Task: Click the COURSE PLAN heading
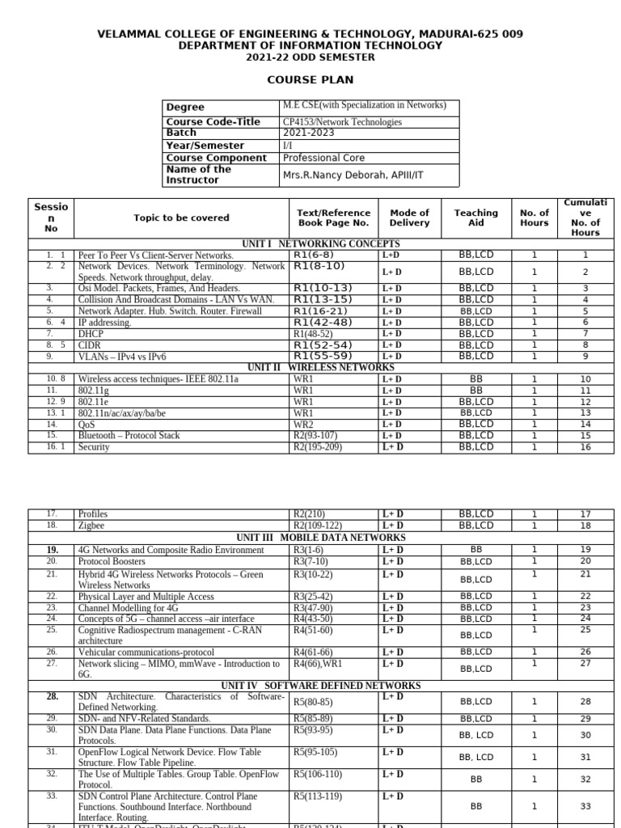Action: tap(310, 80)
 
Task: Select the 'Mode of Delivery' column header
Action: tap(409, 218)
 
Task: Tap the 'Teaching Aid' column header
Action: tap(475, 218)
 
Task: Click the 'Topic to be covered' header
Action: tap(181, 218)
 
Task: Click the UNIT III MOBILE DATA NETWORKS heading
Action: tap(321, 538)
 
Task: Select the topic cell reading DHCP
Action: tap(91, 333)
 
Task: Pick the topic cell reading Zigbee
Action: tap(92, 526)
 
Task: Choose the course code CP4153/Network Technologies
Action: tap(342, 122)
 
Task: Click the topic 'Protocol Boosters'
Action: tap(112, 561)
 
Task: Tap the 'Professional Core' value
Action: tap(323, 158)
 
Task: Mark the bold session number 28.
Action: tap(52, 696)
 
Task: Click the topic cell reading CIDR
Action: tap(90, 344)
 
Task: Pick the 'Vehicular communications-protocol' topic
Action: tap(146, 653)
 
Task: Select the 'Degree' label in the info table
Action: tap(185, 107)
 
